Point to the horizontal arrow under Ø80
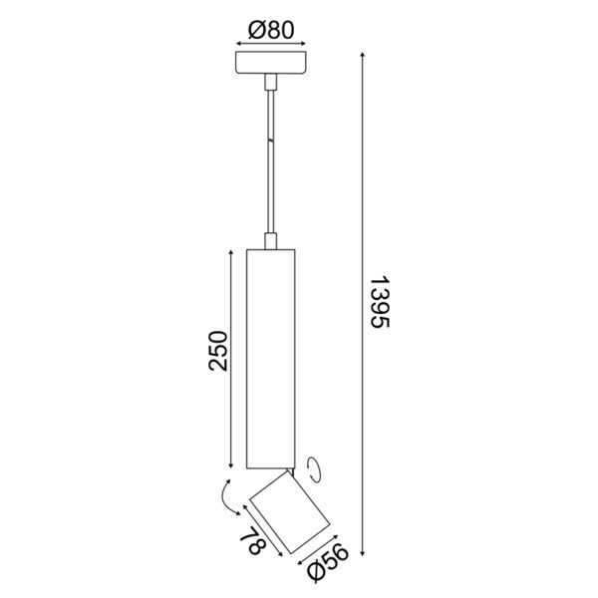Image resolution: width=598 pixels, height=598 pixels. click(x=271, y=45)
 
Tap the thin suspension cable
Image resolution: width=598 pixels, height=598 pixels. click(x=271, y=159)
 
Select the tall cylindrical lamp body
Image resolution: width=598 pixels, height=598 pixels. click(x=271, y=359)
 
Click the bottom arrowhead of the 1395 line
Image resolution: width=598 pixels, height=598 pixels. click(x=363, y=551)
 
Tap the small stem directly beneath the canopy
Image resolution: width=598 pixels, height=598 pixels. click(x=271, y=82)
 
